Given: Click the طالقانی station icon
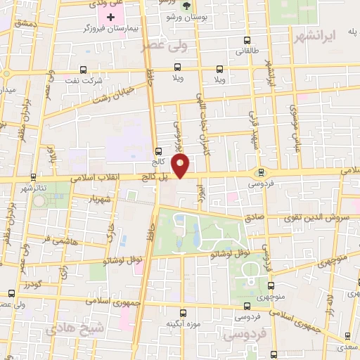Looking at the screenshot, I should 245,41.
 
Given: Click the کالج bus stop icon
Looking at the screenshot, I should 157,150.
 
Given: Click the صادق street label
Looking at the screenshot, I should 254,217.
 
